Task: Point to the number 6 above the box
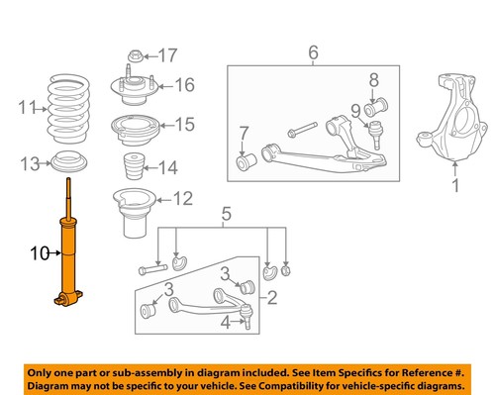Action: [x=313, y=51]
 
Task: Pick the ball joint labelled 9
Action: [x=376, y=130]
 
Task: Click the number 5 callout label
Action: [x=226, y=212]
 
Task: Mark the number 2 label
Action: [x=273, y=297]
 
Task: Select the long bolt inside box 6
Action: [x=303, y=128]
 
